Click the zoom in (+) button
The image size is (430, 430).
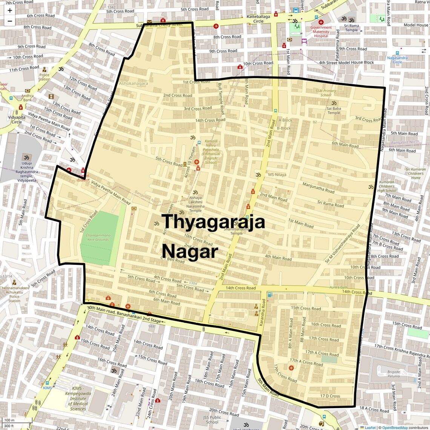coord(10,11)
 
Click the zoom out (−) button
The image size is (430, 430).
coord(10,21)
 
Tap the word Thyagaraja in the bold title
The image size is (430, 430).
coord(213,222)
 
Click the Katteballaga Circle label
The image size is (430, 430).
coord(258,19)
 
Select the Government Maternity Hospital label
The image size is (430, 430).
coord(321,32)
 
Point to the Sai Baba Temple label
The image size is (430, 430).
coord(334,111)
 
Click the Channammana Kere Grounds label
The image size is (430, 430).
coord(98,237)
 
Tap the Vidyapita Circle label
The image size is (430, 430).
coord(17,120)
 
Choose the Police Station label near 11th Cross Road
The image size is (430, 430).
coord(44,77)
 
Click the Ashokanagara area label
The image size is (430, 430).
coord(134,83)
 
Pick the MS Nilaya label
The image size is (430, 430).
coord(277,175)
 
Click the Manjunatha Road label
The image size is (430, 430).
coord(318,187)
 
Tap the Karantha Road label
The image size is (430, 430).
coord(263,313)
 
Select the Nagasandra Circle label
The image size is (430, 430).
coord(397,60)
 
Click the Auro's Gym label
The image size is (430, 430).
coord(338,287)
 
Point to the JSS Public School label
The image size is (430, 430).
coord(212,419)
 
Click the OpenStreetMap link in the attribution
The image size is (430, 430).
coord(395,428)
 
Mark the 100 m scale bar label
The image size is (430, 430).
coord(9,420)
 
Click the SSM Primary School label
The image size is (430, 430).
coord(326,93)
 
